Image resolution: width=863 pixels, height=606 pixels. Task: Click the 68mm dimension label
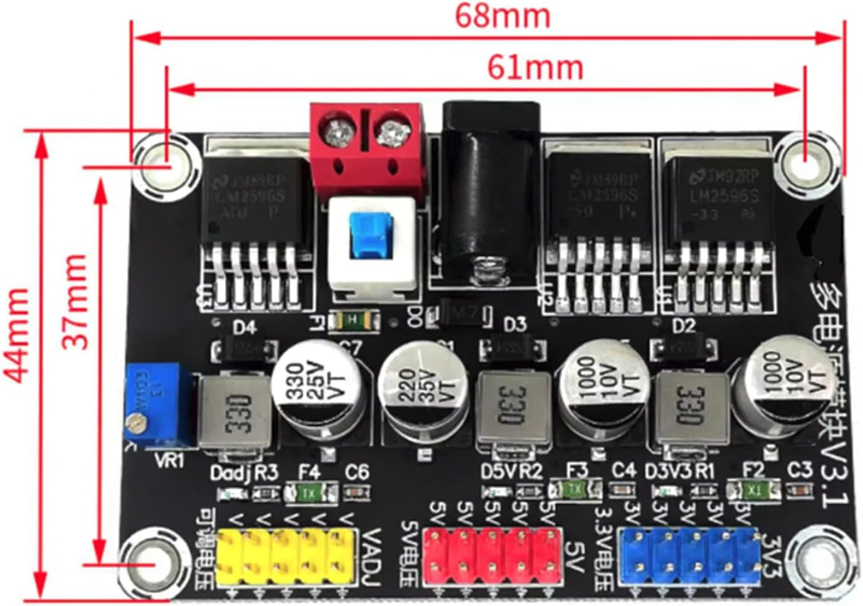click(x=502, y=16)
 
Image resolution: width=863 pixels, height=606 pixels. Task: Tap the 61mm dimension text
click(x=535, y=67)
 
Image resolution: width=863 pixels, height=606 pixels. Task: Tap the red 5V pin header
click(x=493, y=557)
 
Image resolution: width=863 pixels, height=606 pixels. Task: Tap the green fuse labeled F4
click(x=311, y=493)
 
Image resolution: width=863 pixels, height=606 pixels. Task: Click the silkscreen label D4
click(x=243, y=327)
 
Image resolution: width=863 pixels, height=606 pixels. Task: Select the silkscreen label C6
click(x=357, y=473)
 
